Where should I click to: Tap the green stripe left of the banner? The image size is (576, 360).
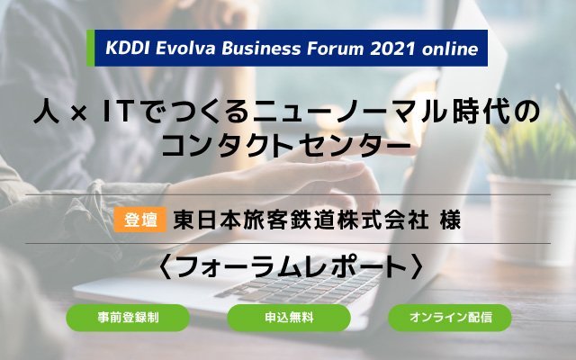[90, 48]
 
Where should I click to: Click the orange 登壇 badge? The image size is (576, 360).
[140, 220]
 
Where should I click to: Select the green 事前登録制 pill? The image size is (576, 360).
[128, 318]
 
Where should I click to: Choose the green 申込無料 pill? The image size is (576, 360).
[289, 318]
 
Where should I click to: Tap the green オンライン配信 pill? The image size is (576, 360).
[450, 318]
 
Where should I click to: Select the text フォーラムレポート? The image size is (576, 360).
[292, 267]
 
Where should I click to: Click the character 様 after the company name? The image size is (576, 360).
[450, 220]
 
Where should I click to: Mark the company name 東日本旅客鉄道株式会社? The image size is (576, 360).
[301, 220]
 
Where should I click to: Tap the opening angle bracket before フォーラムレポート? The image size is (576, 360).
[166, 267]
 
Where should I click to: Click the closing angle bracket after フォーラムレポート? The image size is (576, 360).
[418, 267]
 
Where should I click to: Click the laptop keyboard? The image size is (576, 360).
[298, 286]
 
